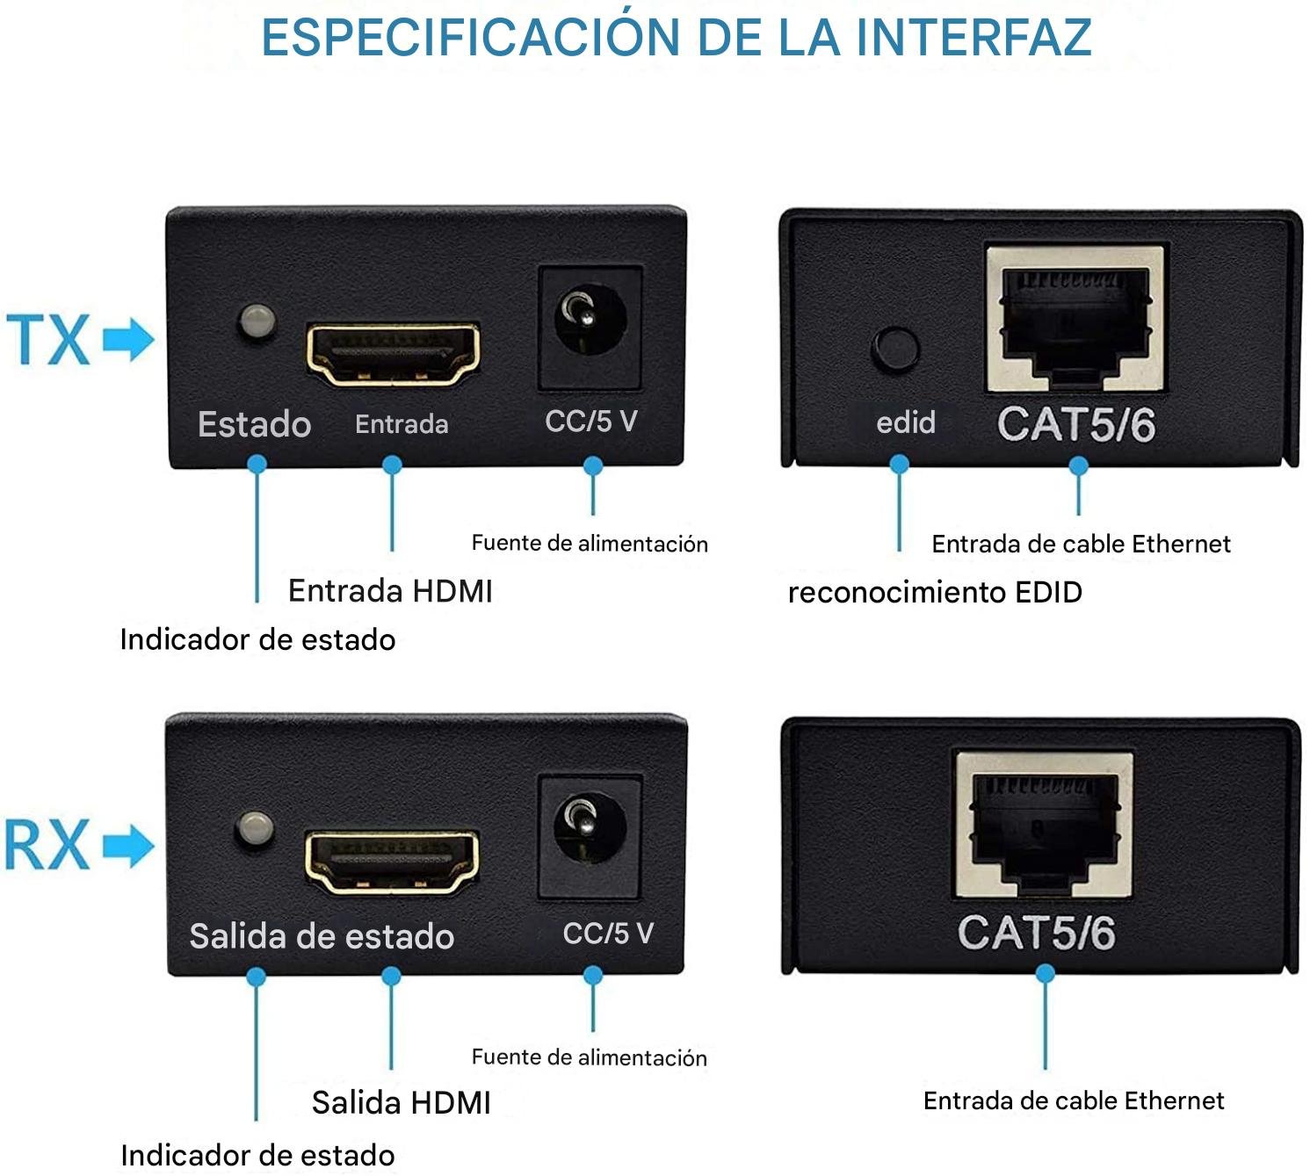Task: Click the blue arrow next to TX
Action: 128,339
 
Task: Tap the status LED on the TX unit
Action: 257,321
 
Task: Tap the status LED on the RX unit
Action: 255,828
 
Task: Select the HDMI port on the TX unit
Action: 393,354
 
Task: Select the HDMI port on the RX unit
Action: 392,862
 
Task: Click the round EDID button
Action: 895,350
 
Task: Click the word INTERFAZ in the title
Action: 973,38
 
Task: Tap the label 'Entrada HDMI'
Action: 391,591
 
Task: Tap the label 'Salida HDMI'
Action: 401,1102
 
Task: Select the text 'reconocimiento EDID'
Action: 935,592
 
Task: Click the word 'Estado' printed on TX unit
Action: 255,424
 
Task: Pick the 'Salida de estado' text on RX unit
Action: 322,935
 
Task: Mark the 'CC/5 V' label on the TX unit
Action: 591,421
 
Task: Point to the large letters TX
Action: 47,339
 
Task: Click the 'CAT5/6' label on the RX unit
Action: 1037,933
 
